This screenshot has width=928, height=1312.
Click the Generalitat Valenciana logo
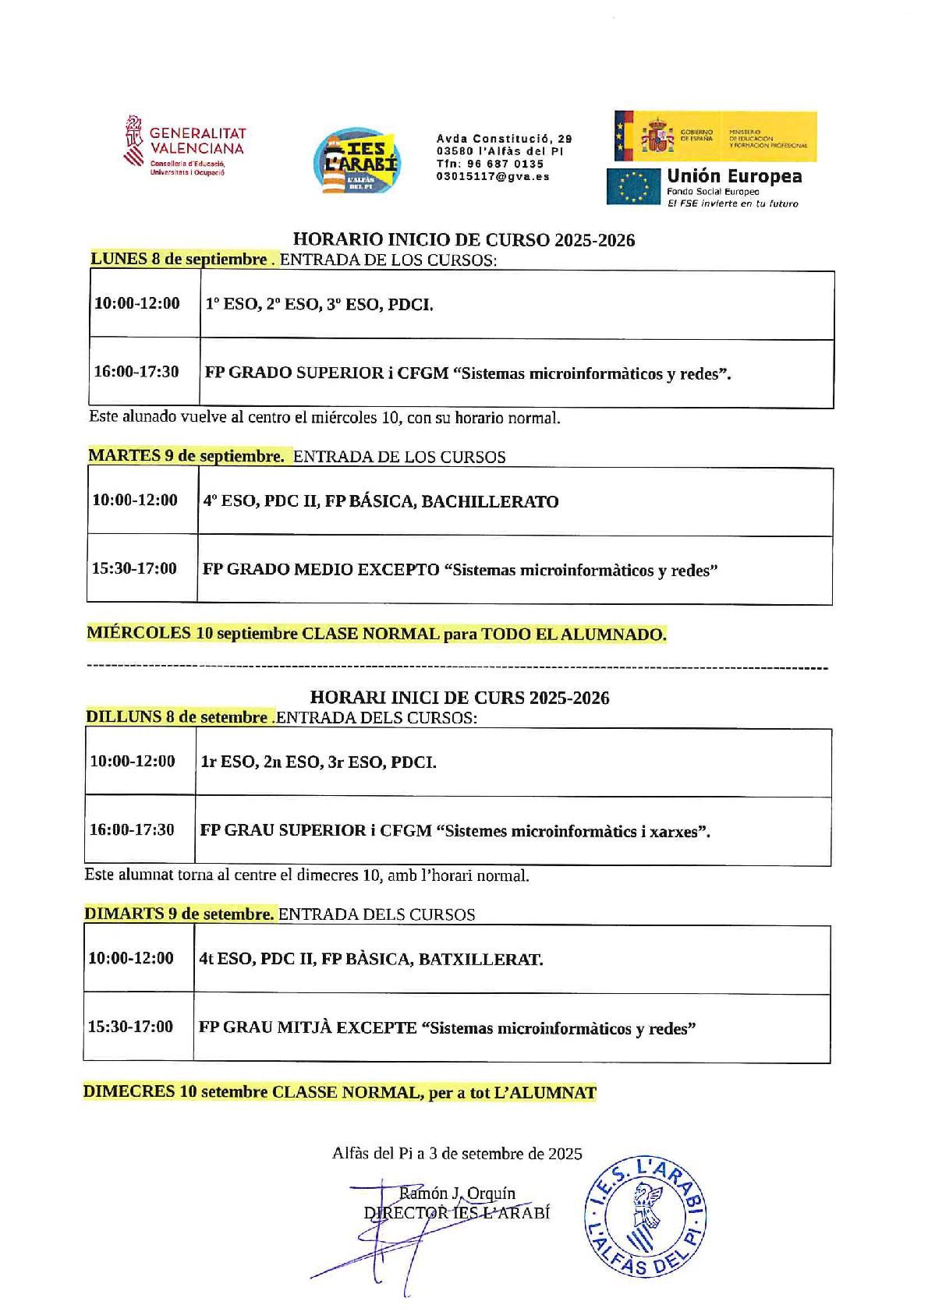pos(185,146)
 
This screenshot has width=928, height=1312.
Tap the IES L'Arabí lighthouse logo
pos(356,161)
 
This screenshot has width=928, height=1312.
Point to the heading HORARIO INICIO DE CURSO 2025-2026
pos(463,240)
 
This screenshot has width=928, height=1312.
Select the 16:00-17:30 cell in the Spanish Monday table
pos(136,372)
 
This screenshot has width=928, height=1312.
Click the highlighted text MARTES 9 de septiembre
pos(186,456)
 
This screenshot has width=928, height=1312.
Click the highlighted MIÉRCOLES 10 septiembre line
pos(377,634)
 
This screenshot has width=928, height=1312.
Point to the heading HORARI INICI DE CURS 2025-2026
pos(459,698)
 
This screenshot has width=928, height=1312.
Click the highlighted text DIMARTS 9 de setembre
pos(179,914)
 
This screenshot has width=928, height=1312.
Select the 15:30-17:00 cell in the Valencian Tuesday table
pos(130,1027)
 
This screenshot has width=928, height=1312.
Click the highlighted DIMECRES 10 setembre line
pos(339,1092)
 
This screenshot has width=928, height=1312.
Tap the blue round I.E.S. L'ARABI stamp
pos(645,1218)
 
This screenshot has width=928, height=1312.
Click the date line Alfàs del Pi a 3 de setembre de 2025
pos(457,1154)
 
